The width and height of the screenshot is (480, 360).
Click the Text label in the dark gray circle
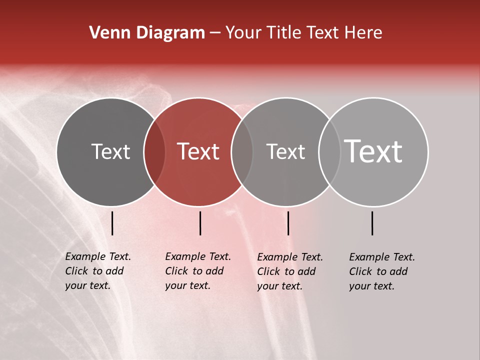pos(110,151)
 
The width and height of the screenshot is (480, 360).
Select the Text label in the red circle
pos(198,151)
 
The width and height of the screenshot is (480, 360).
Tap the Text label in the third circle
pos(285,151)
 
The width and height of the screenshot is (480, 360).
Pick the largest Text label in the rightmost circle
pos(373,151)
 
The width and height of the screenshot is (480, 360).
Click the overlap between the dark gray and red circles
pos(154,152)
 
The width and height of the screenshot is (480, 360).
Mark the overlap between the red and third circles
pos(242,152)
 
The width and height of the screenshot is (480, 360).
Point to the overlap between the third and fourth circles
pos(329,152)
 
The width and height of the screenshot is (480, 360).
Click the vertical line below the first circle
pos(112,223)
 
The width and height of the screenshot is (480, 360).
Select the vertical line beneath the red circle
pos(200,223)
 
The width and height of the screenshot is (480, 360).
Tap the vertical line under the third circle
pos(288,223)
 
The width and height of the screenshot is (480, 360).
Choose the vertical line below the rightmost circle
pos(372,223)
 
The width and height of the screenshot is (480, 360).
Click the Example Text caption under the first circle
pos(98,271)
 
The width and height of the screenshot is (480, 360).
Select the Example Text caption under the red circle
pos(198,271)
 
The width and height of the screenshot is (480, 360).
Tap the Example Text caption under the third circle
pos(290,271)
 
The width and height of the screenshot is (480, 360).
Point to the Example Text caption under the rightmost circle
pos(382,271)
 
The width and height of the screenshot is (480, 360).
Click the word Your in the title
pos(243,33)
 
